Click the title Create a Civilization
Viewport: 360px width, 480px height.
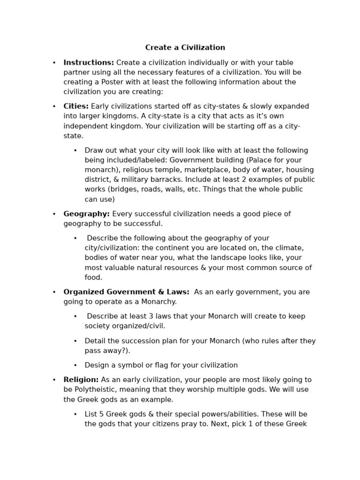[x=185, y=48]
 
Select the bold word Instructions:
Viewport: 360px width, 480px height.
[x=89, y=63]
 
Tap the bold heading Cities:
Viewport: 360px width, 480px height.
[x=76, y=106]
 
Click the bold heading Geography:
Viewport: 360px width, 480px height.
[x=87, y=214]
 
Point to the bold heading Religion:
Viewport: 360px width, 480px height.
[x=81, y=380]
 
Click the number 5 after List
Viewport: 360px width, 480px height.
[x=101, y=414]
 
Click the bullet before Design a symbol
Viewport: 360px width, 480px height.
[x=75, y=365]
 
